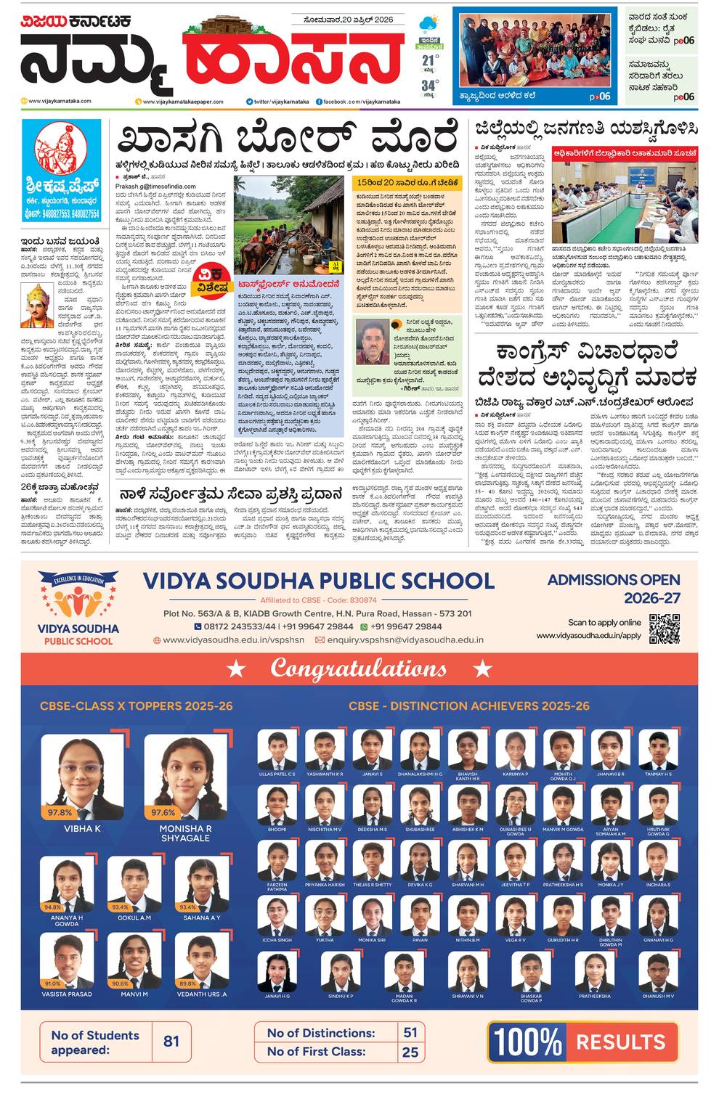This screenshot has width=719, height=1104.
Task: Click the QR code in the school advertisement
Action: point(664,629)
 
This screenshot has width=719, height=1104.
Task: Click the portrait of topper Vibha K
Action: point(82,777)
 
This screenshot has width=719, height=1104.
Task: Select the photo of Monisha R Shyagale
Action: point(185,777)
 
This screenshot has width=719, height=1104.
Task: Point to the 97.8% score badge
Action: point(60,812)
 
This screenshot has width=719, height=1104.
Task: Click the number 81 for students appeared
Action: point(171,1042)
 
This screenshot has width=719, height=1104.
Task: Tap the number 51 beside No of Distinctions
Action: point(410,1032)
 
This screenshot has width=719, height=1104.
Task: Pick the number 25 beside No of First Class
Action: point(410,1051)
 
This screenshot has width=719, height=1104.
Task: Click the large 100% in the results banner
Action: point(528,1042)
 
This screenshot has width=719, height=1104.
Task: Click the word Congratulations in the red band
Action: point(359,668)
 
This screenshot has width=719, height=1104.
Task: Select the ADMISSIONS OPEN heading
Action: point(614,580)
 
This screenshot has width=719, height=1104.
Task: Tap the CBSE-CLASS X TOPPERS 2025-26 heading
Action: point(137,706)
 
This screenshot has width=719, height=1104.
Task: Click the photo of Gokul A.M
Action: point(135,883)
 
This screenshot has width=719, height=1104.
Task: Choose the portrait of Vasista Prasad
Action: point(67,960)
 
